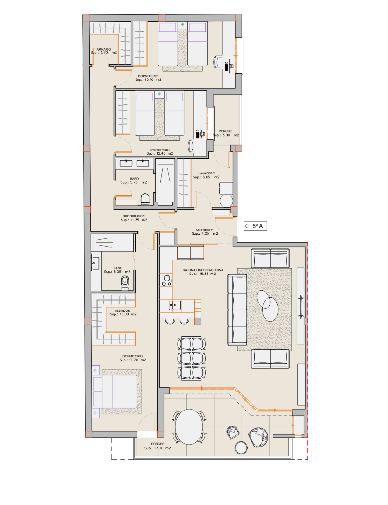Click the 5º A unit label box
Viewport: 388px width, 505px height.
point(255,226)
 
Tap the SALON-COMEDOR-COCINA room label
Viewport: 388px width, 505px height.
point(203,270)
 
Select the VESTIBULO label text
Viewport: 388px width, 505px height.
point(205,230)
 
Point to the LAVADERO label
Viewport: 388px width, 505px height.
point(207,173)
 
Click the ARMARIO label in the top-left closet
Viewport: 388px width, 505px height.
point(104,49)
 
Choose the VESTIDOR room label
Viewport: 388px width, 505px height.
point(122,311)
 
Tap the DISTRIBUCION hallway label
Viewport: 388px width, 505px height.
point(134,216)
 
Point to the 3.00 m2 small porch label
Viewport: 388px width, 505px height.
point(226,135)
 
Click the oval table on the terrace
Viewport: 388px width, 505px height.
point(189,427)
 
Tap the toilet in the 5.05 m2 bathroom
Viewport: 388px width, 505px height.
point(125,282)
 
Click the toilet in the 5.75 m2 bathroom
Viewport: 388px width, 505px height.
point(145,199)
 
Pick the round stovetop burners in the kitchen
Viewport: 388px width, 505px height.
point(167,281)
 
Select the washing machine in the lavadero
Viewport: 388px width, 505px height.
point(226,195)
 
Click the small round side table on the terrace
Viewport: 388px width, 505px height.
point(241,448)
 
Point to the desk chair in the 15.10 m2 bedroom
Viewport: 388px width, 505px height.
point(218,62)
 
